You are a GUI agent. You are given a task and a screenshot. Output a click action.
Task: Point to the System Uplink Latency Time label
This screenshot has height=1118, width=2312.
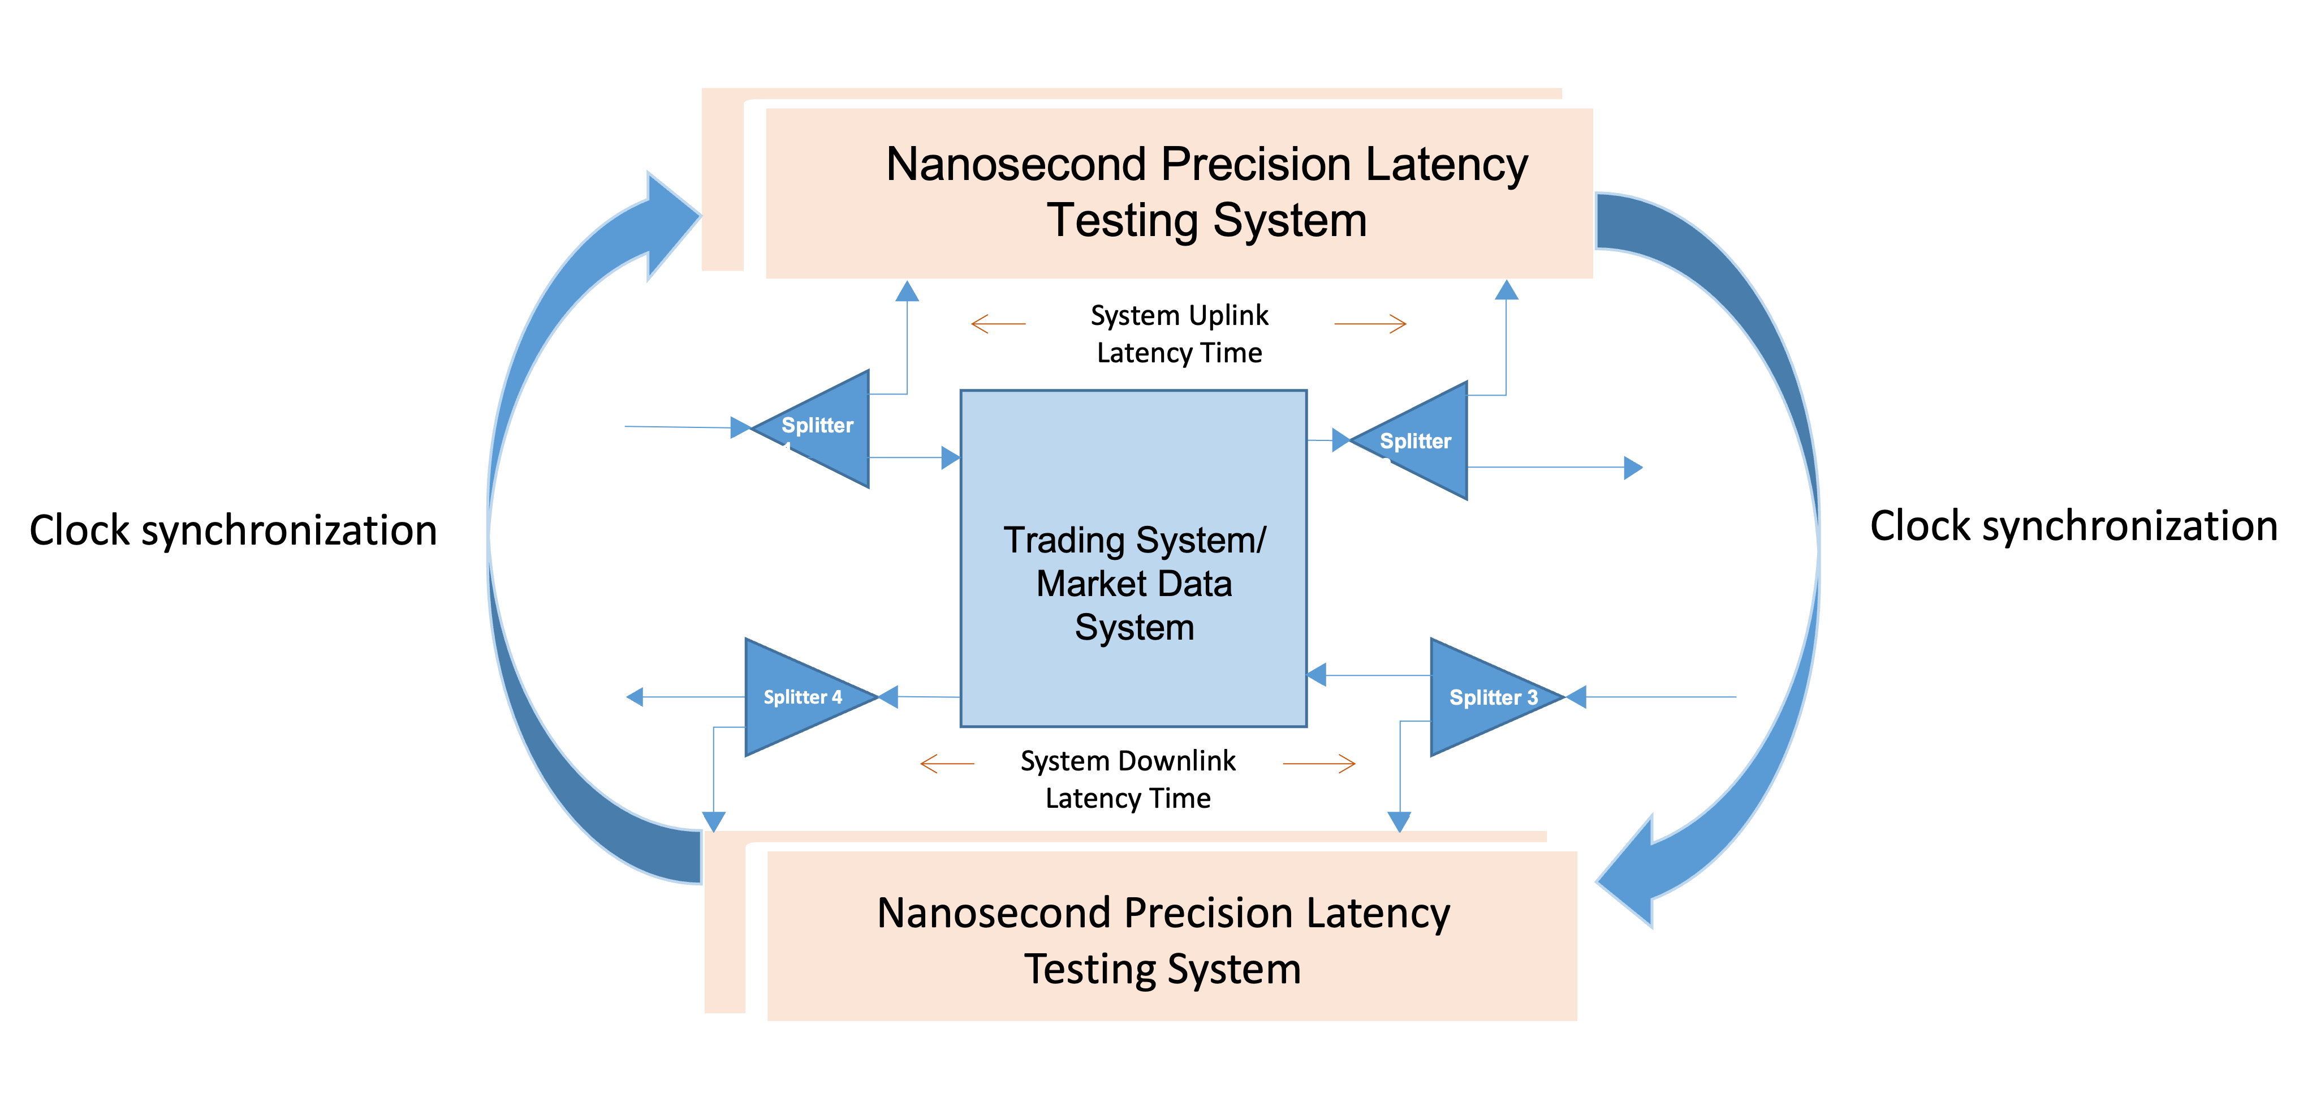[x=1179, y=333]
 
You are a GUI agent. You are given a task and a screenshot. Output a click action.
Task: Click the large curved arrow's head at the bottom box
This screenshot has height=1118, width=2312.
[x=1629, y=876]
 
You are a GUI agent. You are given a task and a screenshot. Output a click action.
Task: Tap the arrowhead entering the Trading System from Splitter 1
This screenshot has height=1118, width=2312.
[x=950, y=458]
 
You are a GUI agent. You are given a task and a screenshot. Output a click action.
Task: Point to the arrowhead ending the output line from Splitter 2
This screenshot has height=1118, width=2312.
[x=1633, y=468]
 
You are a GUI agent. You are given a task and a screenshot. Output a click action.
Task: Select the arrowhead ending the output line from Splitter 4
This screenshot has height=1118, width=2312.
[x=635, y=697]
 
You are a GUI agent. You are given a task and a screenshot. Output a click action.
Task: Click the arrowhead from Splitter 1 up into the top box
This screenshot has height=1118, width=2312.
[x=907, y=292]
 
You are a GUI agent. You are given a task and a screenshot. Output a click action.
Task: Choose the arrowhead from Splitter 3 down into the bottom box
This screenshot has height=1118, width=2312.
[x=1399, y=821]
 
